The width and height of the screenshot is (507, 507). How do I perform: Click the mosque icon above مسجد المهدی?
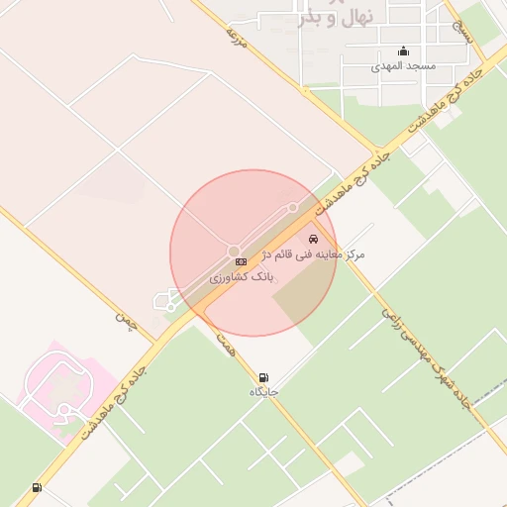click(x=403, y=52)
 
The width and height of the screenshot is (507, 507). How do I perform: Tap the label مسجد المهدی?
click(x=403, y=66)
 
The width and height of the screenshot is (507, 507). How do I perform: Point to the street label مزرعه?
click(x=236, y=37)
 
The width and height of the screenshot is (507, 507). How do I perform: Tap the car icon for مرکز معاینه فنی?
click(x=314, y=240)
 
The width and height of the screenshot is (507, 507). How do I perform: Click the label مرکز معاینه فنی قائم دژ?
click(x=316, y=254)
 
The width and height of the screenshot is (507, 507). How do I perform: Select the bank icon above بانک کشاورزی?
click(x=240, y=260)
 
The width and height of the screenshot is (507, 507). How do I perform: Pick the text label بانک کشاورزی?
click(x=240, y=278)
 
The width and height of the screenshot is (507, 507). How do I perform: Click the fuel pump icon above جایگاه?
click(x=263, y=377)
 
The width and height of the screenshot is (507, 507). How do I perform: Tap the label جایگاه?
click(x=263, y=392)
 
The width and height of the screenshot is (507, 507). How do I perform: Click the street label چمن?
click(x=124, y=319)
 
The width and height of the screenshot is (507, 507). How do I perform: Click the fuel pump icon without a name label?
click(x=37, y=487)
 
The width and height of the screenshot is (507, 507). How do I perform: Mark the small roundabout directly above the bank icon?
click(x=234, y=251)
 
